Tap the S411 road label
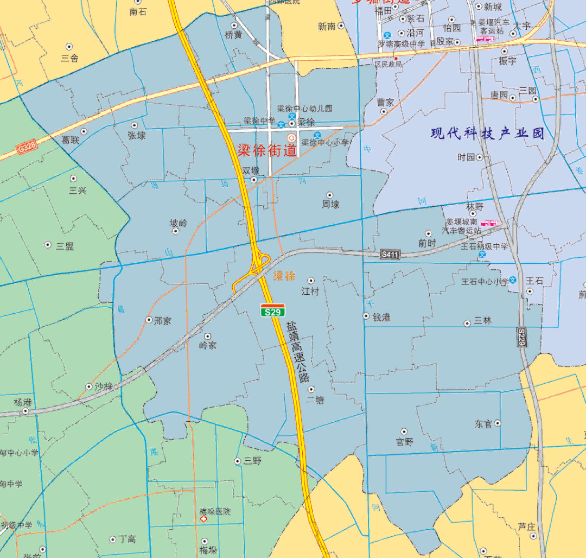click(390, 254)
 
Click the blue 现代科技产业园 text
click(487, 134)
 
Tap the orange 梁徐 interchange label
click(284, 276)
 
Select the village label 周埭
click(330, 205)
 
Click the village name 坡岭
click(178, 223)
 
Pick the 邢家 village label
click(162, 320)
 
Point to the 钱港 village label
click(381, 317)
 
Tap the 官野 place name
click(405, 442)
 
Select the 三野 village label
click(252, 461)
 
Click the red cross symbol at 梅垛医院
click(204, 519)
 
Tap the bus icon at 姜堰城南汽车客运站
click(489, 223)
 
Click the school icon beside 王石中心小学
click(513, 280)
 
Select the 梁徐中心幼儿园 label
click(312, 109)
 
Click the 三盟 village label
click(65, 245)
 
